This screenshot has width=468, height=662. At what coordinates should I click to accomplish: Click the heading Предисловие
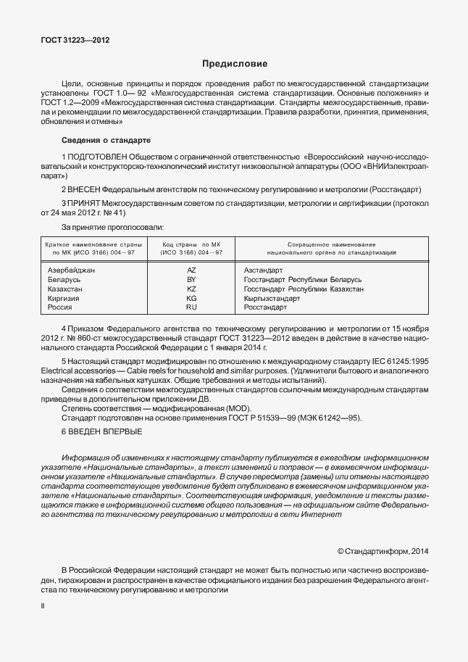[233, 64]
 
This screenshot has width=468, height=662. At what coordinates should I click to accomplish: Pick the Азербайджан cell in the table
[72, 270]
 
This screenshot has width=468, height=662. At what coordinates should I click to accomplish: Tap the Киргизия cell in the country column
[63, 298]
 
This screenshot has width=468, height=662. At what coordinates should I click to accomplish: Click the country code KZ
[191, 289]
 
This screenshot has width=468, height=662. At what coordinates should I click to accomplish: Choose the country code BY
[191, 279]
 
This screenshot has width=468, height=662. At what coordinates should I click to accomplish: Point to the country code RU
[191, 307]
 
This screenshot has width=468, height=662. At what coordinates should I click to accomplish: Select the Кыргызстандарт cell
[272, 298]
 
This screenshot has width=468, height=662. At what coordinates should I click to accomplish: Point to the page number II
[42, 603]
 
